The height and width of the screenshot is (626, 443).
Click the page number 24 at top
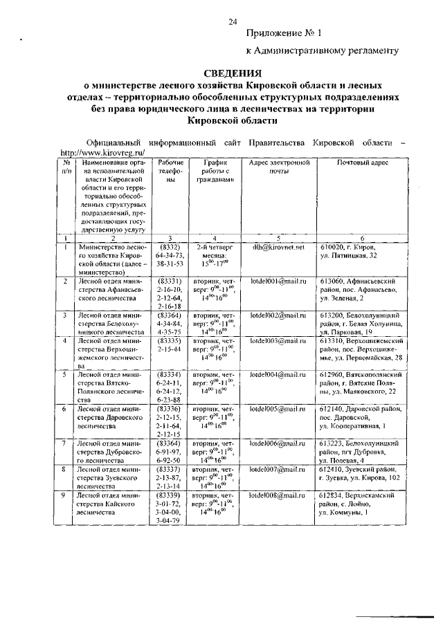pos(233,22)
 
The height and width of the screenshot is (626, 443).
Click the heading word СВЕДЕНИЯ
pos(233,73)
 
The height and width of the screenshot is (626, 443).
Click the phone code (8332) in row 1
pos(170,247)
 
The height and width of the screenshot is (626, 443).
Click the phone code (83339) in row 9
pos(170,496)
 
